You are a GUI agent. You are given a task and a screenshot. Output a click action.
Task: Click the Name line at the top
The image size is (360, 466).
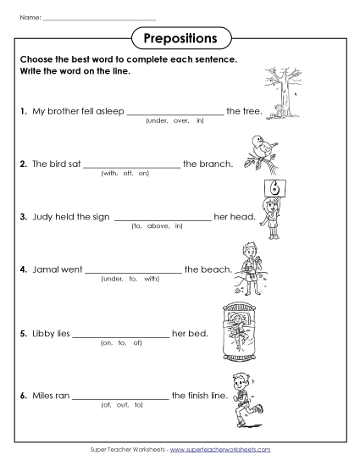(99, 18)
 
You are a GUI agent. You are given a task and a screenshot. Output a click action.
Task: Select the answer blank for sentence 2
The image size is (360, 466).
(131, 165)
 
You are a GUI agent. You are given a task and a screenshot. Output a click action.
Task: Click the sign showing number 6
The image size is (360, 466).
(273, 187)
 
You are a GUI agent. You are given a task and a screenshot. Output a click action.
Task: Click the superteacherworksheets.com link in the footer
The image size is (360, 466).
(225, 447)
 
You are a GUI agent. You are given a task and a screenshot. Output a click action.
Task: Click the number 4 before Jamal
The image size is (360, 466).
(22, 269)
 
